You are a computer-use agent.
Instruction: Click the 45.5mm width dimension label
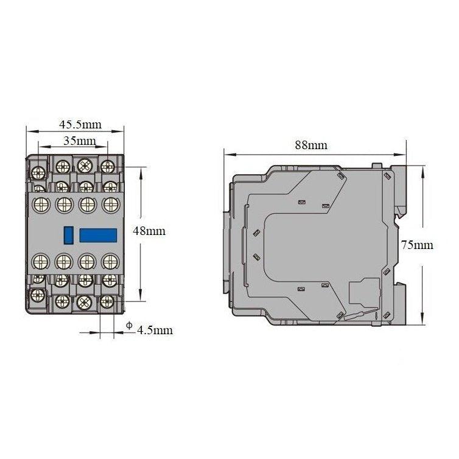pos(80,125)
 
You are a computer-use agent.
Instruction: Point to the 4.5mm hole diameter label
pos(155,331)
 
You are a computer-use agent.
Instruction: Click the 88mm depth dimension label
pos(310,145)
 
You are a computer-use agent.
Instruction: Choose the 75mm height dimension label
pos(417,245)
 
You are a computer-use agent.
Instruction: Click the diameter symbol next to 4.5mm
pos(128,326)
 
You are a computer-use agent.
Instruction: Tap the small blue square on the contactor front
pos(68,233)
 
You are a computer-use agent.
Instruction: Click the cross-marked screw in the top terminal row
pos(85,164)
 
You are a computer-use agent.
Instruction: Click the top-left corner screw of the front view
pos(38,166)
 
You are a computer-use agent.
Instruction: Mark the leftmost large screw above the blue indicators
pos(41,204)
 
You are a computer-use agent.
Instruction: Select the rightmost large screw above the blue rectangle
pos(110,204)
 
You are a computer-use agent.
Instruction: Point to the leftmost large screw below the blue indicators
pos(41,262)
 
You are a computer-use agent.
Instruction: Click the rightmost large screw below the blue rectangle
pos(110,262)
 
